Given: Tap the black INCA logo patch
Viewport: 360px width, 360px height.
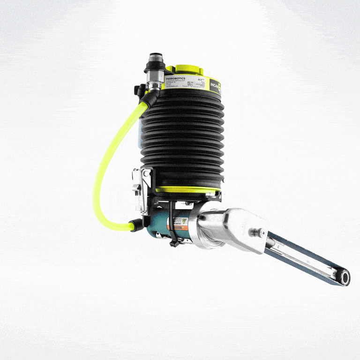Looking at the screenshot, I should [217, 86].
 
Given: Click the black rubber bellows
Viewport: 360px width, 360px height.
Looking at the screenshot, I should [186, 136].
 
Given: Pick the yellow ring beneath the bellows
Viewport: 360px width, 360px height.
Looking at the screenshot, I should [187, 189].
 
